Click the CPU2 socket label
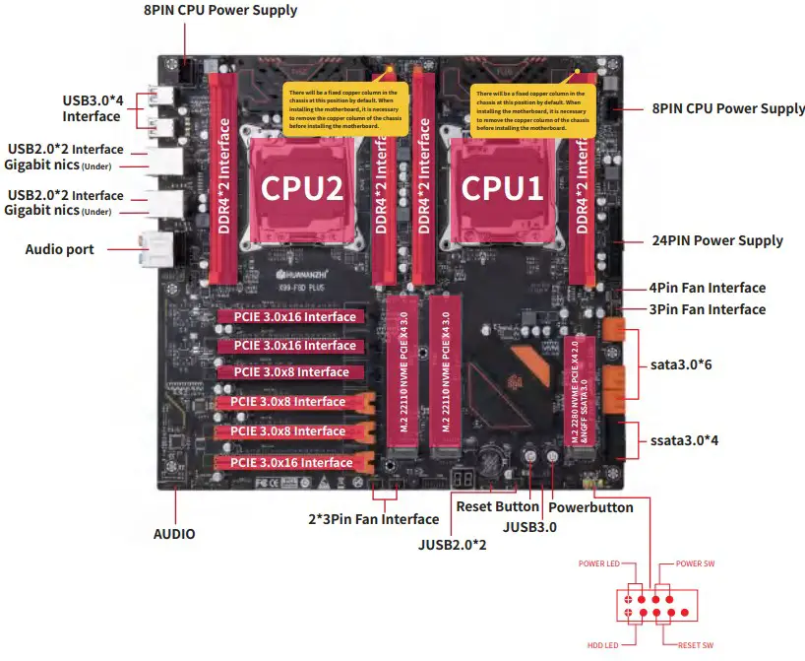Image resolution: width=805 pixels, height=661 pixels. [301, 187]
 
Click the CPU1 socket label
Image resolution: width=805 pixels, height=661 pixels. [502, 187]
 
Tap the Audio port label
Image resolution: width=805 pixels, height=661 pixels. [59, 249]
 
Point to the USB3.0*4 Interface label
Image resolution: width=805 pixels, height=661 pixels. [92, 108]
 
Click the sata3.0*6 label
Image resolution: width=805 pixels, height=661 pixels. [680, 364]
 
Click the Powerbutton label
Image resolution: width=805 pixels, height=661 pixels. [590, 506]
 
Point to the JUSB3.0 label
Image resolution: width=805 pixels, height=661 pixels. [529, 527]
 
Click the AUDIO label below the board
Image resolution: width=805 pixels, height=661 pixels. [174, 534]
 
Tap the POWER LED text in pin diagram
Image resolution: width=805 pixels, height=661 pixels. [599, 563]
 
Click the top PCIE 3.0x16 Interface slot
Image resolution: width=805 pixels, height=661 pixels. [294, 317]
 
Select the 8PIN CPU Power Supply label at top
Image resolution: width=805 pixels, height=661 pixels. [219, 11]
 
